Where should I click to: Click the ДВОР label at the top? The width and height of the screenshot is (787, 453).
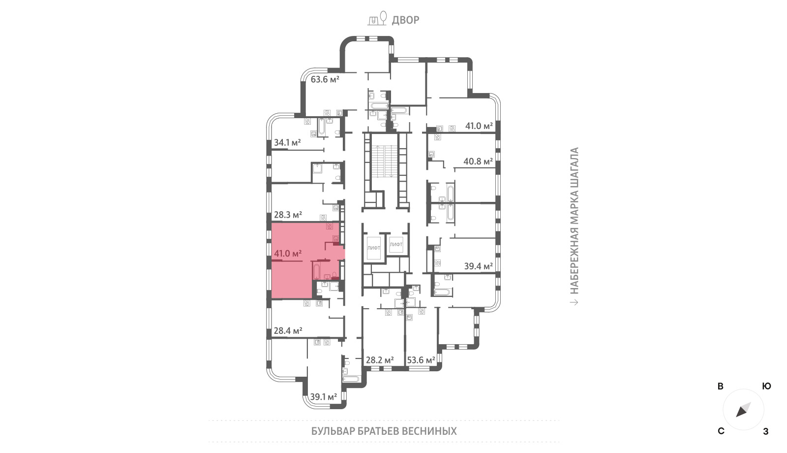tap(405, 20)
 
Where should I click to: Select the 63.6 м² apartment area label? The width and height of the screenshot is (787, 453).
tap(325, 79)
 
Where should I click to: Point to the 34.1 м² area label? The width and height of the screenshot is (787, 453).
tap(287, 142)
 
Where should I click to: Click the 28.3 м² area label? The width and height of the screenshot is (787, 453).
tap(288, 215)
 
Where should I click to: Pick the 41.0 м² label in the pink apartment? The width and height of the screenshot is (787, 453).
tap(288, 253)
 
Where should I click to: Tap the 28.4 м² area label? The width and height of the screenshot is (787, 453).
tap(288, 330)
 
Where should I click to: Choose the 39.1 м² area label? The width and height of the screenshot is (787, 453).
tap(324, 397)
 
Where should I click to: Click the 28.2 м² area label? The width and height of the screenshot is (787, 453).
tap(380, 360)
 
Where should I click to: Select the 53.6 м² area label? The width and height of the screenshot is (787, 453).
tap(421, 360)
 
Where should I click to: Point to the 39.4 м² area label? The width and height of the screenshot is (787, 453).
tap(479, 266)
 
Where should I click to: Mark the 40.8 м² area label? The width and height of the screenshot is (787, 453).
tap(478, 162)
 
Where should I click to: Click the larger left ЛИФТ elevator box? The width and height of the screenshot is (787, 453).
tap(373, 248)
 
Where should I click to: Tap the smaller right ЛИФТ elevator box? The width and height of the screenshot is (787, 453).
tap(396, 244)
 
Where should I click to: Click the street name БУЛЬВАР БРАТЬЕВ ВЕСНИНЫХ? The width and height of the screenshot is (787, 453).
tap(384, 431)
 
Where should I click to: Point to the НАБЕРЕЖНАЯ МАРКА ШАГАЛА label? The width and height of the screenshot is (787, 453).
tap(574, 221)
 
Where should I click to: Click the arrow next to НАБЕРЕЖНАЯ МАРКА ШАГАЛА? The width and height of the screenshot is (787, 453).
tap(574, 302)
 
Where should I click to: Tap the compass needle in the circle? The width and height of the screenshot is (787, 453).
tap(743, 410)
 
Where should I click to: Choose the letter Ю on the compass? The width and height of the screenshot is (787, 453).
tap(767, 386)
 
